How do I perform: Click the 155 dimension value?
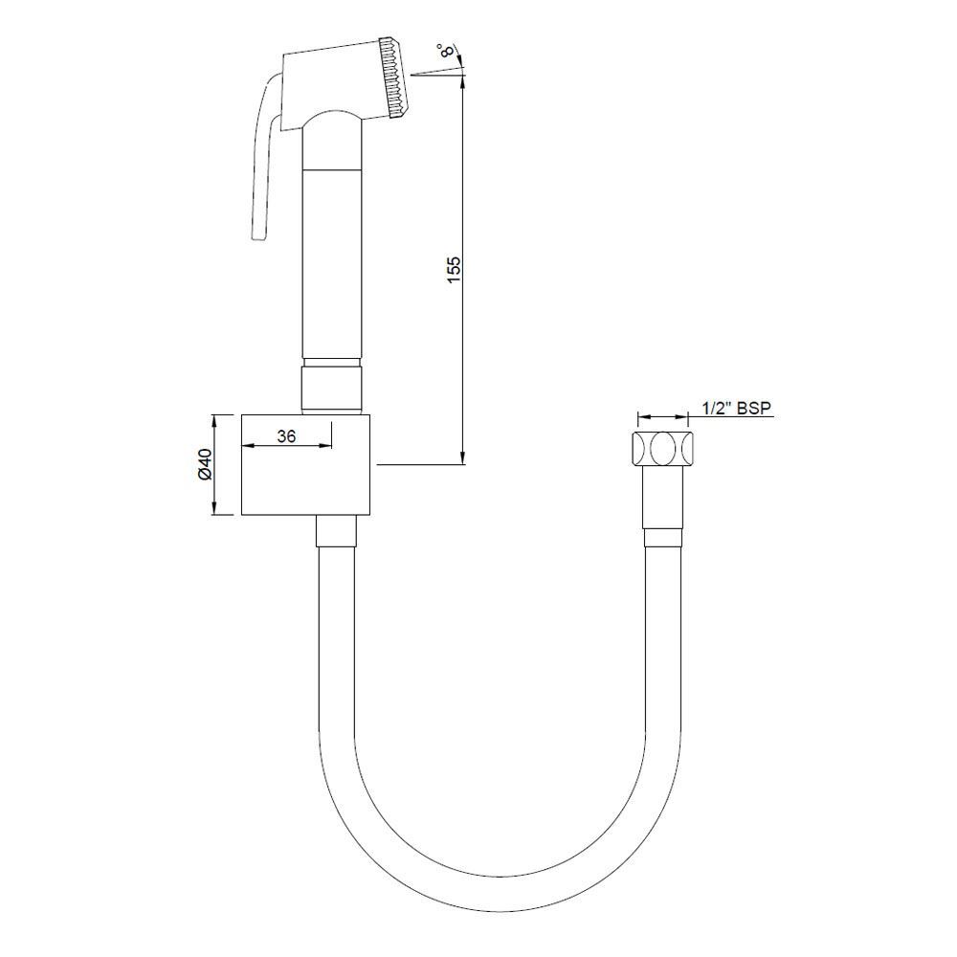455,267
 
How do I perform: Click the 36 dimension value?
285,435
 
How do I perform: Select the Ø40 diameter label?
203,465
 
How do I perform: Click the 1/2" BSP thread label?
737,408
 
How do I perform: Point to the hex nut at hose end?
662,449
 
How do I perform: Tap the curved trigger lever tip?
256,234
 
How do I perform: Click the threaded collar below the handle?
332,386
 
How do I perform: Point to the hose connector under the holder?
335,530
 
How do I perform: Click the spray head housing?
330,81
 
